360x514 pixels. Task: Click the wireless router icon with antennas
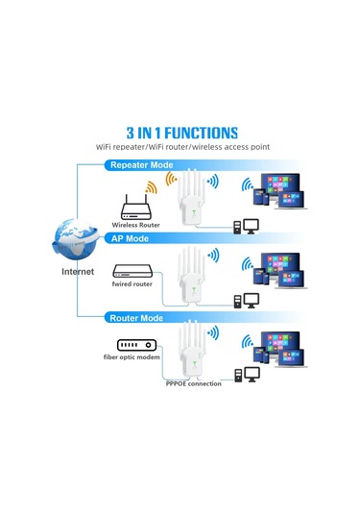[134, 204]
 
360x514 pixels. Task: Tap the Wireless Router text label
[134, 223]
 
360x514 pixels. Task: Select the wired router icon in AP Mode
[133, 272]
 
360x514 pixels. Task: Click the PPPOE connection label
[192, 383]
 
